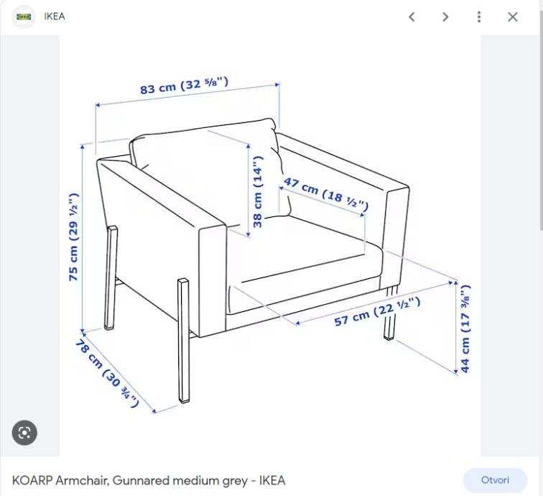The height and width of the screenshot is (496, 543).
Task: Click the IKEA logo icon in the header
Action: point(24,17)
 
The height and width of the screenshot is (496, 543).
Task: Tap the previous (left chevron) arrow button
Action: point(412,17)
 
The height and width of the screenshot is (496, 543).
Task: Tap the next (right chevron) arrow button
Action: point(445,17)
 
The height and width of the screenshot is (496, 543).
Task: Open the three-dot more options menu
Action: point(479,17)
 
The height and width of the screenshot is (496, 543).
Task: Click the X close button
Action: point(513,17)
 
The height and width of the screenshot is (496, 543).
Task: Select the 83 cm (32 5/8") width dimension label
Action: point(184,86)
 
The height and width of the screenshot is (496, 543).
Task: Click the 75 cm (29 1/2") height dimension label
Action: point(74,236)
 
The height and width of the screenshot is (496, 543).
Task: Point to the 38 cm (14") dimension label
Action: point(258,192)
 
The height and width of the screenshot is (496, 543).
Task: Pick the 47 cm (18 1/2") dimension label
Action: point(325,194)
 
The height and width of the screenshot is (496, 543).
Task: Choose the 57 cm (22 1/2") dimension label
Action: point(377,311)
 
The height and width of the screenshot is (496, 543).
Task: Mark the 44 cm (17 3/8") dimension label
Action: point(465,329)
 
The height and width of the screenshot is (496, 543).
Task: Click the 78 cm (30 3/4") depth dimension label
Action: point(107,373)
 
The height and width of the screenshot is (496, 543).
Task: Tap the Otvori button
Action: point(495,480)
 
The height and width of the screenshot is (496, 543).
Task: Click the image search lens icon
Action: point(24,433)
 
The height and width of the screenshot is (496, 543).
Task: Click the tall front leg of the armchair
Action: point(184,341)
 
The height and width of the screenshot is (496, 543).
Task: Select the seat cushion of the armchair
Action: point(305,263)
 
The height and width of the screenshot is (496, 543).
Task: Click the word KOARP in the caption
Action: point(32,480)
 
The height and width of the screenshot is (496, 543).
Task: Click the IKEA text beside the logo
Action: point(55,17)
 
